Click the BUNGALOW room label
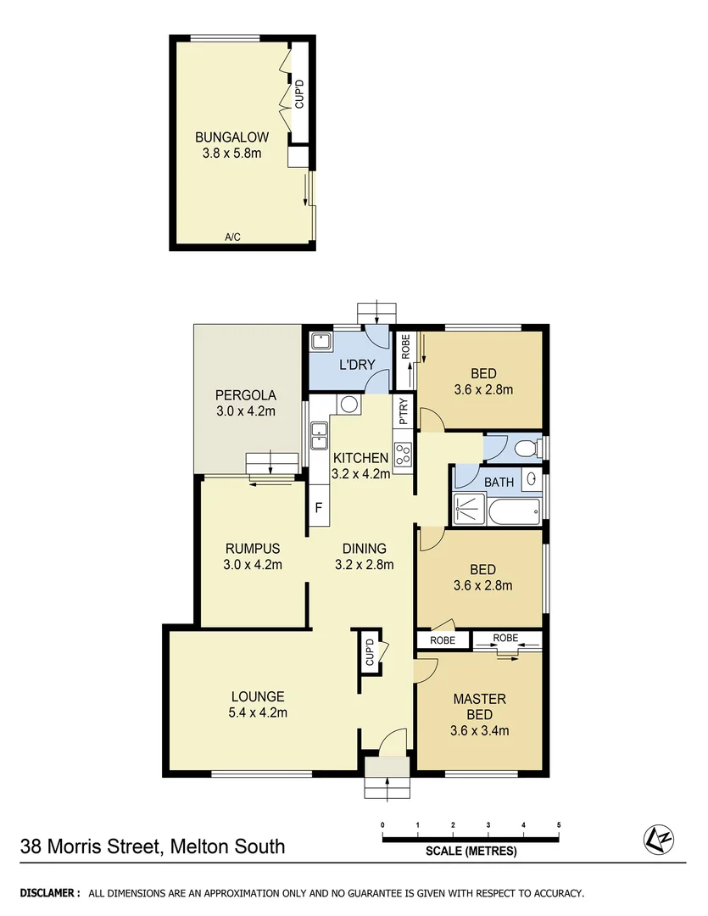coord(231,137)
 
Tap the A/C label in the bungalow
coord(232,237)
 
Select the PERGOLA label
coord(245,395)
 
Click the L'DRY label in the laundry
coord(357,366)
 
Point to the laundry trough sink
coord(321,342)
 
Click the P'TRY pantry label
coord(404,411)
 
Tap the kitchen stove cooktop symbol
coord(403,455)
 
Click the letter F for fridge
coord(319,509)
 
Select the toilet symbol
coord(527,447)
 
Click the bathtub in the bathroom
coord(508,510)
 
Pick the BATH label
coord(499,482)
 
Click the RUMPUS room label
coord(253,549)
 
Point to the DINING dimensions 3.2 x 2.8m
coord(364,564)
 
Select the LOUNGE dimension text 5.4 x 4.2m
coord(259,712)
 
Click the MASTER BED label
coord(479,707)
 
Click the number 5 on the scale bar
coord(559,824)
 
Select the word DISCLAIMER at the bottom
coord(49,893)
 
